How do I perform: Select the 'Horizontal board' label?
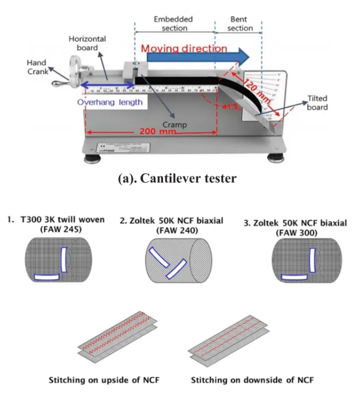[87, 43]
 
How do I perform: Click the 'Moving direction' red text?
[184, 48]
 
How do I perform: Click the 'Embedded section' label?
[174, 23]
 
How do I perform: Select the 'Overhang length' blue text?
[110, 102]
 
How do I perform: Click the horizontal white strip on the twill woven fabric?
[49, 278]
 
